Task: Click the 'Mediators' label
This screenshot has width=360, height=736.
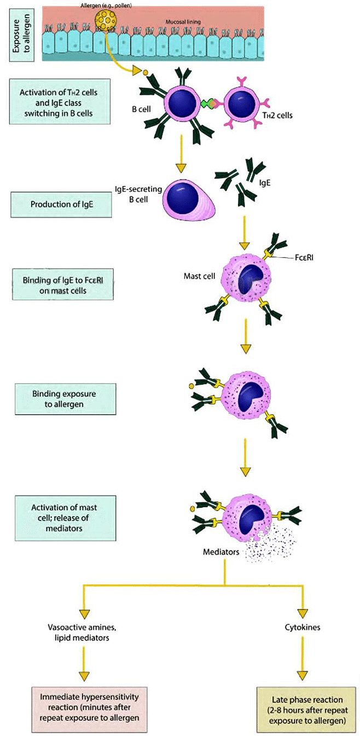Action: click(221, 552)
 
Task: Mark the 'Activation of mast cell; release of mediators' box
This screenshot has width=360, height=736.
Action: click(65, 517)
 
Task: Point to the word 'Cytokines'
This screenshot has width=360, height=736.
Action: click(303, 628)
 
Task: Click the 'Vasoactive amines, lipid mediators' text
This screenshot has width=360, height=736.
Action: click(84, 632)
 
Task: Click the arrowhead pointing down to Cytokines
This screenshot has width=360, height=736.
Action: click(303, 613)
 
